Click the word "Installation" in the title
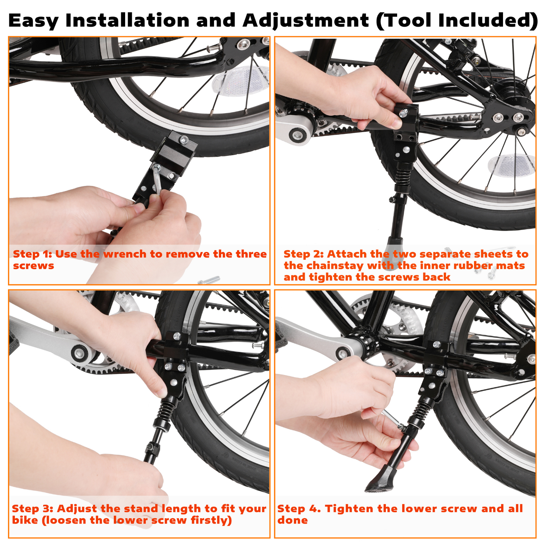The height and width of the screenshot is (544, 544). click(x=127, y=20)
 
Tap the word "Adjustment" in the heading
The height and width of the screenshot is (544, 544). click(x=306, y=21)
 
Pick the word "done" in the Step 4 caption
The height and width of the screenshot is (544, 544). click(x=292, y=520)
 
